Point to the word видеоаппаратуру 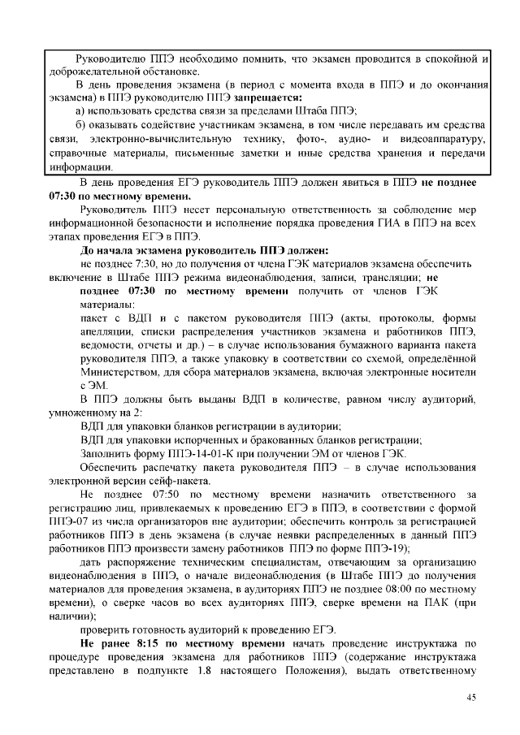pos(441,139)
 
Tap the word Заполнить pos(106,453)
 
